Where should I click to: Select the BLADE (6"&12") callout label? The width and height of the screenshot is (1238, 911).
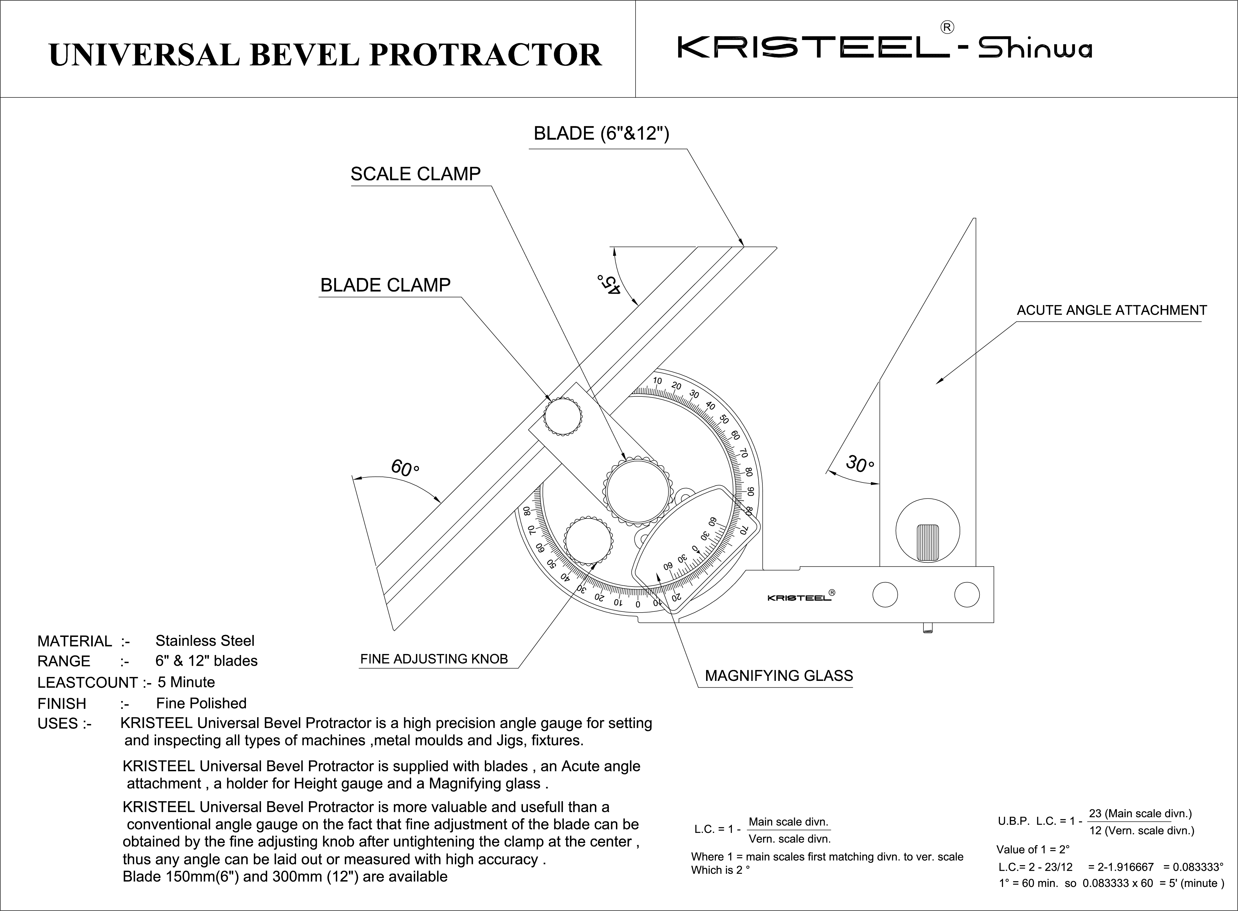pos(601,134)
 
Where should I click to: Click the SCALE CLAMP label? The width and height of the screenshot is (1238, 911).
pos(415,174)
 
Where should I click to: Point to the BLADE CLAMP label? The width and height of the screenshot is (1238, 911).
pos(385,285)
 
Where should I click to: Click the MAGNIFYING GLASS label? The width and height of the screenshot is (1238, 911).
pos(778,676)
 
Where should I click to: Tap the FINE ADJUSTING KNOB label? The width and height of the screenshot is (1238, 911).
pos(434,659)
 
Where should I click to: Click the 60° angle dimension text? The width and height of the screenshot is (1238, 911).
pos(404,468)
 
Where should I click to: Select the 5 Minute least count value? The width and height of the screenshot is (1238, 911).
pos(186,682)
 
